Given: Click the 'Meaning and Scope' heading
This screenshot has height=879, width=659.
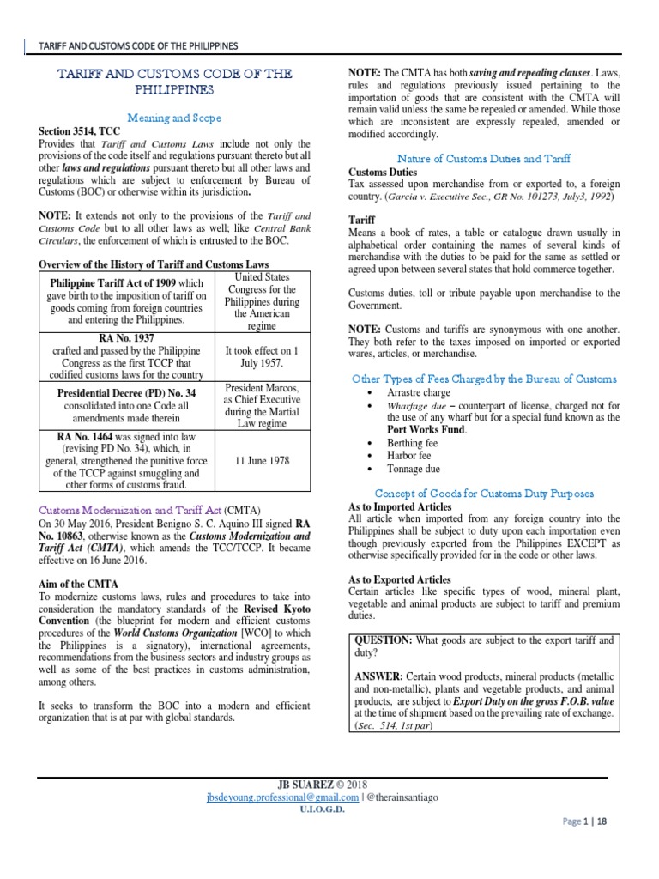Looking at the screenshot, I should [173, 118].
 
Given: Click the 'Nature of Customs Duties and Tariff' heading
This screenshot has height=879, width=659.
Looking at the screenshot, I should [485, 158].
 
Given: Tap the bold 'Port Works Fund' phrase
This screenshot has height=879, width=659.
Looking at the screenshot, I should [418, 429].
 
